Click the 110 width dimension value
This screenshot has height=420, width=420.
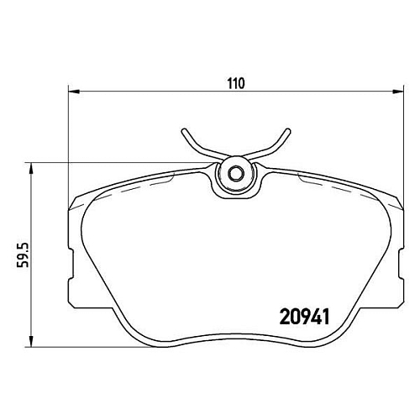click(236, 83)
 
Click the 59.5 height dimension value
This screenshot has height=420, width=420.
click(23, 255)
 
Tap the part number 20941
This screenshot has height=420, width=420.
click(305, 317)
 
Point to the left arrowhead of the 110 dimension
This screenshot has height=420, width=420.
click(75, 92)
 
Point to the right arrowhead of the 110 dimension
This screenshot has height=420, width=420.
click(398, 92)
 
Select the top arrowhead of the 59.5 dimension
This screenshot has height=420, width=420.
click(32, 169)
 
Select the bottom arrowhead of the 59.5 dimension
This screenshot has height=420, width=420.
click(32, 341)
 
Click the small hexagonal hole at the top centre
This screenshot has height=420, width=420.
click(236, 174)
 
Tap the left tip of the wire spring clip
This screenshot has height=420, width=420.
click(184, 131)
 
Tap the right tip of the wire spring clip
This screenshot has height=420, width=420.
click(288, 131)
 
